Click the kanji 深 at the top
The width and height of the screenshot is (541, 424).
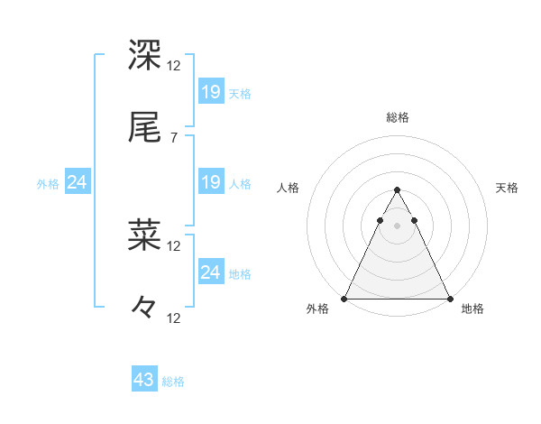click(145, 56)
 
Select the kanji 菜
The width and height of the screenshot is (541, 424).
click(145, 235)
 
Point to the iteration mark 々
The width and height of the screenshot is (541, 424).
click(144, 308)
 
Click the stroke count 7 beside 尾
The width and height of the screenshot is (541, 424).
click(174, 138)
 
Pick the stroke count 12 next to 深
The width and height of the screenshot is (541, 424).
click(174, 66)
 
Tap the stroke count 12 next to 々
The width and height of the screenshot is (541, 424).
click(174, 318)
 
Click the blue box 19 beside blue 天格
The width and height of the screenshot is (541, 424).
click(211, 91)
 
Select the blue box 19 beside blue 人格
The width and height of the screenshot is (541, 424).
click(211, 182)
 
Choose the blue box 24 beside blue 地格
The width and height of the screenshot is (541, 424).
click(211, 272)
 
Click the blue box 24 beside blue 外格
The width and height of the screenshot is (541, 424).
click(78, 182)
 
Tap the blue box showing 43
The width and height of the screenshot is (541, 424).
click(144, 380)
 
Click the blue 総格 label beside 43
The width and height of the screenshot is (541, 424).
click(173, 382)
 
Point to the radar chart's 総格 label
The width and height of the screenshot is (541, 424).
click(398, 117)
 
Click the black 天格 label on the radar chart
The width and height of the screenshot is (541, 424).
click(508, 188)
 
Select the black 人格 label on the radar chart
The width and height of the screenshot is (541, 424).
click(289, 188)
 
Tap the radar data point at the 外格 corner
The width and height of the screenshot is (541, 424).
click(345, 299)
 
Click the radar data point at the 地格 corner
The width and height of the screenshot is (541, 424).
click(449, 299)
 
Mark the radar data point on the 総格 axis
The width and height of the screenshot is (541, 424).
click(398, 190)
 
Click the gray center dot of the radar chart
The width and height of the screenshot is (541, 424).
click(398, 226)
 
